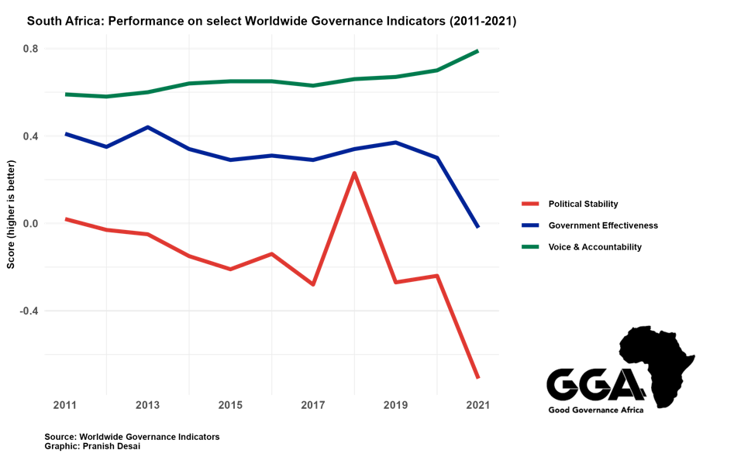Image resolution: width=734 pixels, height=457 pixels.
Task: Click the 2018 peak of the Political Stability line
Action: click(354, 173)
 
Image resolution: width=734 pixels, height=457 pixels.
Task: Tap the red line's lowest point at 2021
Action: click(478, 377)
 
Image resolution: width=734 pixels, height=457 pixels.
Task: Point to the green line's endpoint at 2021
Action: click(478, 51)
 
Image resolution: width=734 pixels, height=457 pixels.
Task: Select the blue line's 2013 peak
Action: click(148, 127)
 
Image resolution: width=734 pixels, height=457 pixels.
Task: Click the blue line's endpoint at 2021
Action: click(478, 227)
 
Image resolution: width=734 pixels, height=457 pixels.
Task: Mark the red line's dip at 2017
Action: click(313, 284)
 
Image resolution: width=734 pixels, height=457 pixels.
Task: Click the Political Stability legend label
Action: click(583, 204)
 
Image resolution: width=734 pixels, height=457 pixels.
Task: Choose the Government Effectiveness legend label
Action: click(603, 225)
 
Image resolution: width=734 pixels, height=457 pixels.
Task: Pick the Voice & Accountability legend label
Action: click(594, 247)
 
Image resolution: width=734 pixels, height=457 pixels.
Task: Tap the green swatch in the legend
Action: click(531, 247)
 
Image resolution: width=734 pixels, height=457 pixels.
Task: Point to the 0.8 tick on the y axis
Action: click(30, 49)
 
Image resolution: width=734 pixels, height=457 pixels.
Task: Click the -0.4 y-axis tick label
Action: click(29, 311)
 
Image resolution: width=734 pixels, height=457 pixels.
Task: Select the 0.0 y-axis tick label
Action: click(30, 223)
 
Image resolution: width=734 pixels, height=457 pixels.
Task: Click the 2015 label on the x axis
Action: click(230, 405)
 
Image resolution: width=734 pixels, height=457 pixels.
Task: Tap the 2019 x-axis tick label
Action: click(395, 405)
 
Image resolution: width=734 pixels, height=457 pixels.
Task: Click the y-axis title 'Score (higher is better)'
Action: click(12, 215)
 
